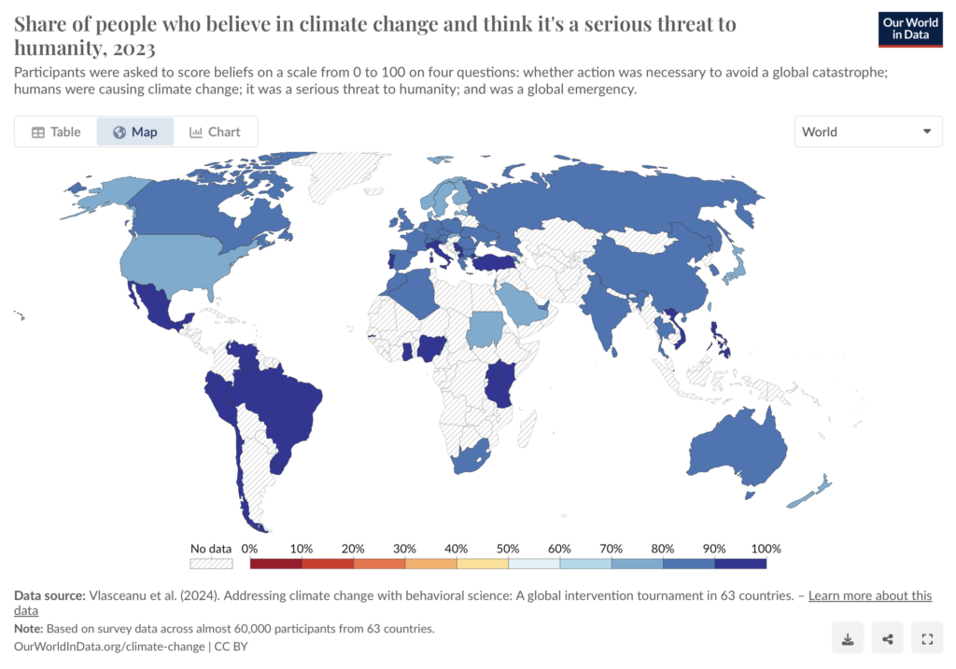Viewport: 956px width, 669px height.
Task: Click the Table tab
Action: (x=56, y=132)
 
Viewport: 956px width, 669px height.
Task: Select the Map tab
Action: (x=135, y=132)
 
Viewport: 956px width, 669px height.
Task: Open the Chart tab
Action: (x=216, y=132)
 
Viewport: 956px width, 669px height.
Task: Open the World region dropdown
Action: (x=867, y=132)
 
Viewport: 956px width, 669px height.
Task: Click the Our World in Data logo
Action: (x=910, y=29)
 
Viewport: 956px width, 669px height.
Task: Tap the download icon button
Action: (x=848, y=638)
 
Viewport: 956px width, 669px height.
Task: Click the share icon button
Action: (x=887, y=638)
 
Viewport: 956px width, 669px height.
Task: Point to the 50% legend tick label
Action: (x=507, y=549)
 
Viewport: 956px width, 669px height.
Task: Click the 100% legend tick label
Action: (x=766, y=549)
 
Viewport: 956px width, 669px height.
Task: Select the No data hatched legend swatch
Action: (x=211, y=564)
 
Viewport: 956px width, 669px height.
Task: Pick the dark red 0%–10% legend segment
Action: (x=276, y=564)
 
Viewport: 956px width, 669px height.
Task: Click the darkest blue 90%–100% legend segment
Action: (x=740, y=564)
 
